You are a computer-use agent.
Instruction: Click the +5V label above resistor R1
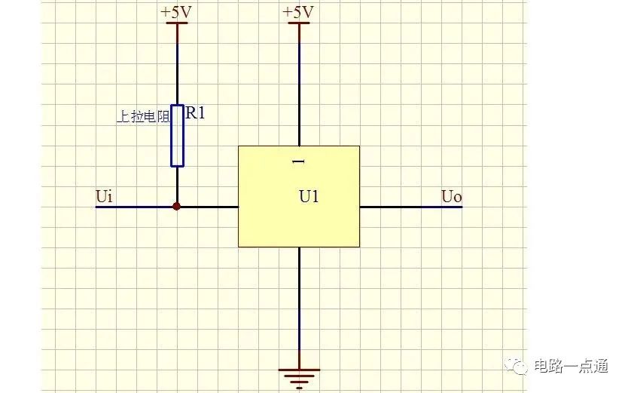click(176, 12)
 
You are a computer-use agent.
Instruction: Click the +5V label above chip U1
click(298, 12)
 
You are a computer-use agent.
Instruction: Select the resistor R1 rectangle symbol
click(177, 136)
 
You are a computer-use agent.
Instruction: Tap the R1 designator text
click(195, 113)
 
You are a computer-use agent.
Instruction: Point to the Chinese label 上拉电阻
click(143, 117)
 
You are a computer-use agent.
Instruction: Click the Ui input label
click(104, 196)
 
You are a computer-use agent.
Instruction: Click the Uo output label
click(452, 196)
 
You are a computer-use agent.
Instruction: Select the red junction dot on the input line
click(177, 207)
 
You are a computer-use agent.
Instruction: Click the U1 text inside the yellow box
click(309, 196)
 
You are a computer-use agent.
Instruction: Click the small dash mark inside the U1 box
click(298, 161)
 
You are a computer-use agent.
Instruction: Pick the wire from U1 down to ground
click(299, 308)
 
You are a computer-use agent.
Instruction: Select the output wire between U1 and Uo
click(411, 207)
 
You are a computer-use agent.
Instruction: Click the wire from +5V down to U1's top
click(299, 84)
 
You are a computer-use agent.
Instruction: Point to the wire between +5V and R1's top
click(177, 64)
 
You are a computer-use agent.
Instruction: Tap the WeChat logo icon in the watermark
click(517, 365)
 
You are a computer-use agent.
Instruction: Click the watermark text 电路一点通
click(572, 366)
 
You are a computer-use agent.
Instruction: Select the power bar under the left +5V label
click(177, 23)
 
